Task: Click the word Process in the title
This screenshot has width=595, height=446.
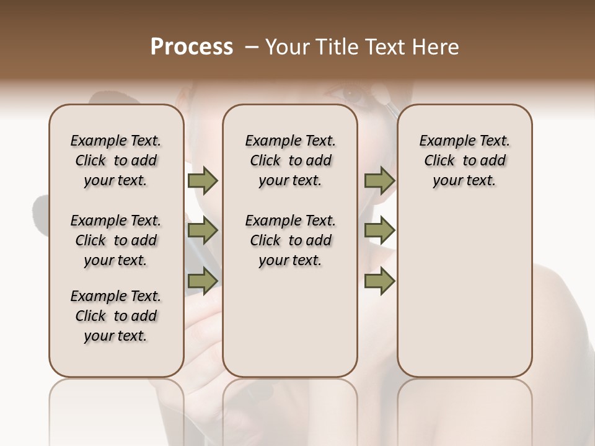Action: click(x=192, y=47)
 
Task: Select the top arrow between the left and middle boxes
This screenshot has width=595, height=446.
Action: click(x=203, y=181)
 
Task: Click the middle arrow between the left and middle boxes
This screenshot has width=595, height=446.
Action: click(x=203, y=231)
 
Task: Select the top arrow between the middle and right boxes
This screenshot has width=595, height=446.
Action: click(x=379, y=181)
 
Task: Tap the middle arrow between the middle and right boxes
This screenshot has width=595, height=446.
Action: click(x=379, y=231)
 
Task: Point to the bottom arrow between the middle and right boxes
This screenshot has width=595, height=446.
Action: click(x=379, y=281)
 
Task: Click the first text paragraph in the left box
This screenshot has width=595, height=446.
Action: click(x=116, y=160)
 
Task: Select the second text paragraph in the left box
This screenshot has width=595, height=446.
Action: click(x=116, y=240)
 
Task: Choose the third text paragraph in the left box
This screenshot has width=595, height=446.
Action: click(x=116, y=316)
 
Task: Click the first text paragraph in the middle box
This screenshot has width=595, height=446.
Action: click(x=291, y=160)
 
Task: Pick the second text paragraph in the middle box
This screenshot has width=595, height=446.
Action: click(x=291, y=240)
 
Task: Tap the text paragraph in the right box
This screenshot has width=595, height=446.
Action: click(x=465, y=160)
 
